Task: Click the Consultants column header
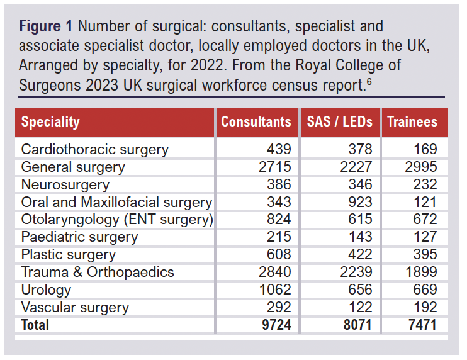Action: pos(256,121)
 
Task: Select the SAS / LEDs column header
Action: pos(339,121)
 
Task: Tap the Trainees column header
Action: pos(412,121)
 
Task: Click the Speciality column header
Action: pos(50,121)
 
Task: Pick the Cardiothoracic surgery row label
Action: pos(94,150)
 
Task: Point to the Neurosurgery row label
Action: pos(65,185)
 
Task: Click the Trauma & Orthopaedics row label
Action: pos(98,273)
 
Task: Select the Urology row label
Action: pos(46,290)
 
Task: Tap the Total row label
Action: pos(35,325)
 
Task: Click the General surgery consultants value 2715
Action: pos(276,167)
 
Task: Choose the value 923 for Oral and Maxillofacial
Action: pos(361,203)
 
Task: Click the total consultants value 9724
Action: pos(276,325)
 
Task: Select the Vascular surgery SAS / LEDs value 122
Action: pos(361,308)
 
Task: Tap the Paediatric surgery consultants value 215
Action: pos(279,237)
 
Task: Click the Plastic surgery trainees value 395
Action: pos(425,255)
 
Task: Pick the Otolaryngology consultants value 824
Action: pos(279,220)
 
